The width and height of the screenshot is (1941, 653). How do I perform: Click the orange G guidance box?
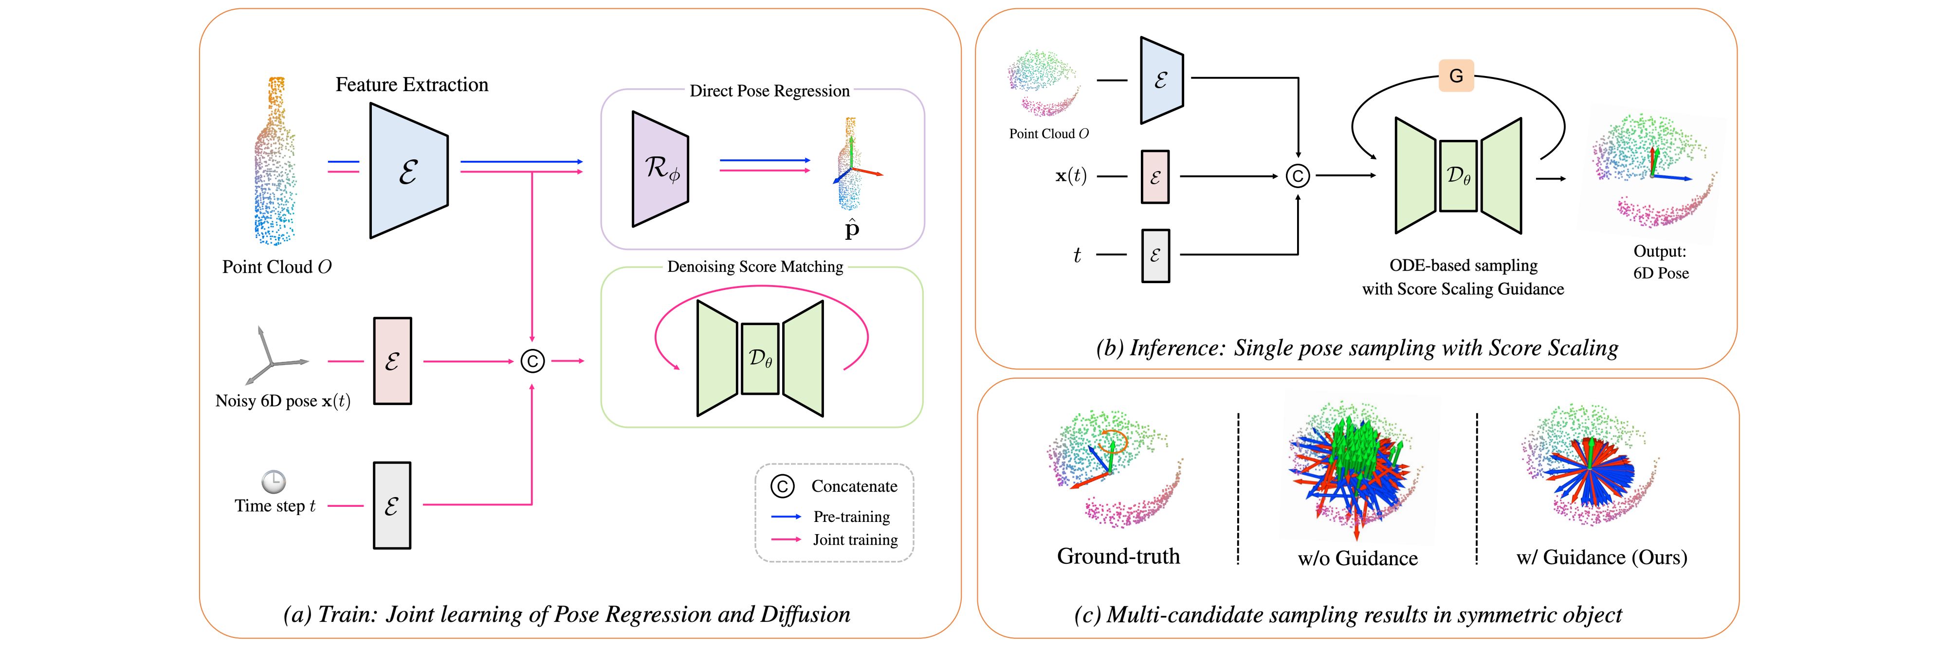1456,76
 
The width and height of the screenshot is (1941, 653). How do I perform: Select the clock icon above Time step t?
274,481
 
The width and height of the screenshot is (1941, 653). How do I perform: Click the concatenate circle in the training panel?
533,361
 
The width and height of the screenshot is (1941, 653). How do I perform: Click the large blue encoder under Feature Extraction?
408,171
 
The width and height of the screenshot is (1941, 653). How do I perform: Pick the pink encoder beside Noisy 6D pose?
393,361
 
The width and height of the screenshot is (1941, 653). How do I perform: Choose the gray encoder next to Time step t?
392,505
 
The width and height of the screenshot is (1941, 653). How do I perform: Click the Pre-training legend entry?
851,517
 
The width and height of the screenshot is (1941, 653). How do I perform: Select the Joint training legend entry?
855,540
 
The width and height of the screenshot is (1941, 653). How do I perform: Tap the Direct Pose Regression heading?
769,91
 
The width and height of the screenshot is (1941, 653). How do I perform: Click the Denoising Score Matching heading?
755,267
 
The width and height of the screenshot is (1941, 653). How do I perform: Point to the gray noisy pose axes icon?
271,357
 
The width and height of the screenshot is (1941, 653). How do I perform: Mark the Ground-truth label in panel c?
1118,557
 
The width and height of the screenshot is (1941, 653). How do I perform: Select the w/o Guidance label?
1357,559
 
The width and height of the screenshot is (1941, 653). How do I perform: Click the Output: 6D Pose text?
1660,262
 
